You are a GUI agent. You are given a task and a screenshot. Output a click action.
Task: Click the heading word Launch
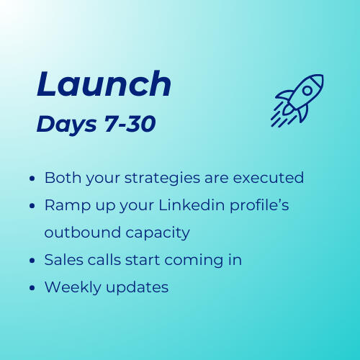[104, 85]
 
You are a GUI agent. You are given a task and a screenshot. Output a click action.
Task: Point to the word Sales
[63, 260]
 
